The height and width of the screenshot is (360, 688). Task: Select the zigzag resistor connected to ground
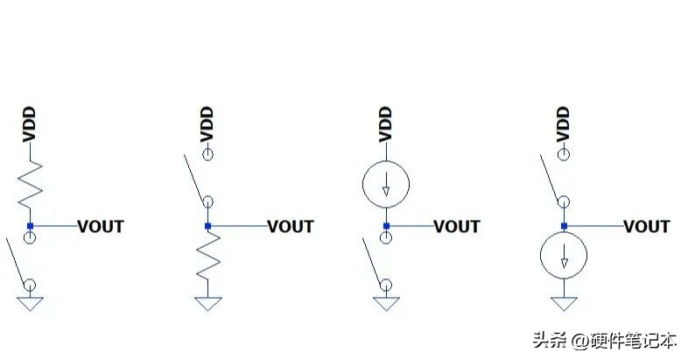[x=207, y=260]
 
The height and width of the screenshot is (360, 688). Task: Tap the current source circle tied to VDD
[x=386, y=183]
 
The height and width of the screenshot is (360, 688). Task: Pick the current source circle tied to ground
[x=565, y=256]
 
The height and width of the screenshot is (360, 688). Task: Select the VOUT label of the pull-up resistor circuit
[x=101, y=227]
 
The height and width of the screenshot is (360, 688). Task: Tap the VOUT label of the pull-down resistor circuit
[x=291, y=227]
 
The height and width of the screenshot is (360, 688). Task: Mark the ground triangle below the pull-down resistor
[x=207, y=303]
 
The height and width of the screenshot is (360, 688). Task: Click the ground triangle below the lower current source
[x=565, y=303]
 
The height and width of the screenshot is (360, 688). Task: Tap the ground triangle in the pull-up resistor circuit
[x=30, y=303]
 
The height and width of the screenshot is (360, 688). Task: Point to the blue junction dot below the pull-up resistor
[x=30, y=227]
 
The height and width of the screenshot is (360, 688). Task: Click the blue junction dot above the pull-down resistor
[x=207, y=227]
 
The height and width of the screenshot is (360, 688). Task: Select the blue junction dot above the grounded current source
[x=565, y=227]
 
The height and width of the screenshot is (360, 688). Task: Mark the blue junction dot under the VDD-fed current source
[x=386, y=227]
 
